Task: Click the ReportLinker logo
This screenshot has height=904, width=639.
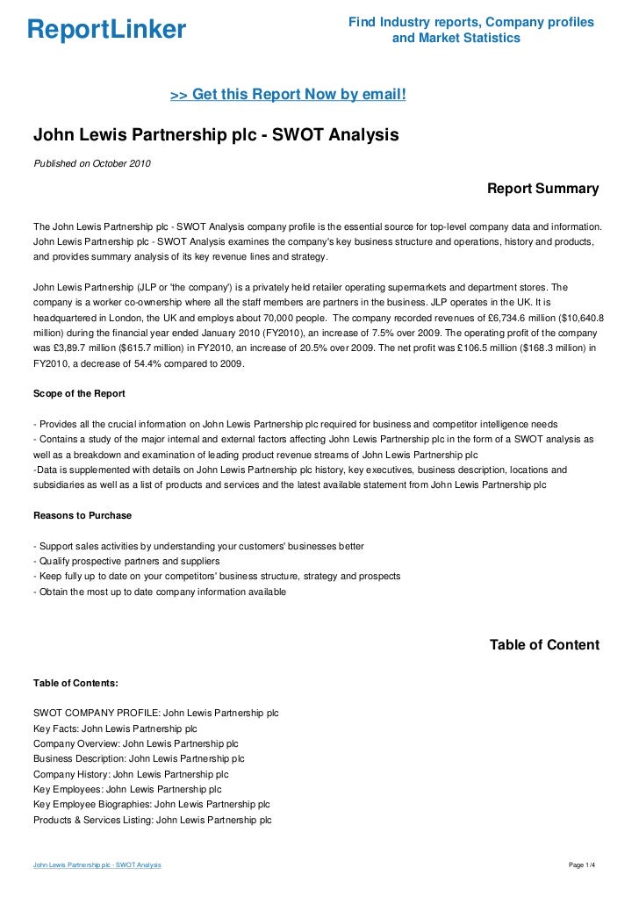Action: (x=106, y=31)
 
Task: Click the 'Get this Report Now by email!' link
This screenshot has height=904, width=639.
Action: (x=287, y=95)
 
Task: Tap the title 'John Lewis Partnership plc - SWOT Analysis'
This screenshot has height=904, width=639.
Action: (x=216, y=136)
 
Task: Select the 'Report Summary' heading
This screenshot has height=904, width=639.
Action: (x=542, y=189)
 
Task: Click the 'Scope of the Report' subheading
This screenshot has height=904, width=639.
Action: (x=79, y=392)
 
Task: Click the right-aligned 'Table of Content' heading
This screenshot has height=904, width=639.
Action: (x=544, y=645)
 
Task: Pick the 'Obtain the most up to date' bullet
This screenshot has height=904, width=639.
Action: (x=159, y=592)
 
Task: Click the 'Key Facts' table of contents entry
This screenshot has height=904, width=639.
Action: (x=115, y=728)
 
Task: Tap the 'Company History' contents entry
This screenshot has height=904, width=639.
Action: (x=131, y=774)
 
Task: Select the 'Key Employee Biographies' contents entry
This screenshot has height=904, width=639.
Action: (x=151, y=805)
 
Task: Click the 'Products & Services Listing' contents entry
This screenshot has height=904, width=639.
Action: (x=152, y=820)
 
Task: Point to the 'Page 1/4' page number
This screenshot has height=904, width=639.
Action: (x=583, y=865)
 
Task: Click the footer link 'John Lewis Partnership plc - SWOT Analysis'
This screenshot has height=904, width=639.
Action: (x=97, y=865)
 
